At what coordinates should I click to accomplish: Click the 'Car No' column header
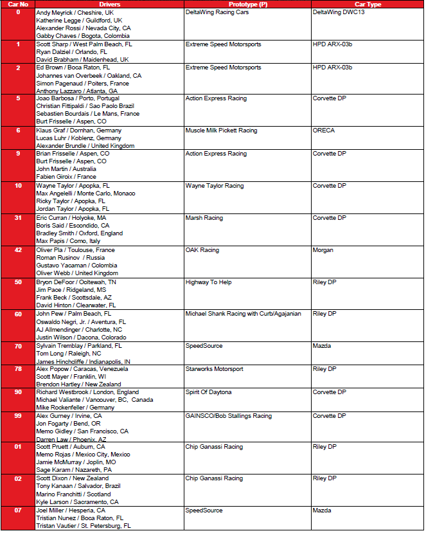(18, 4)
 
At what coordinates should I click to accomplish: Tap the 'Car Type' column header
(368, 4)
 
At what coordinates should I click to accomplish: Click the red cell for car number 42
(18, 262)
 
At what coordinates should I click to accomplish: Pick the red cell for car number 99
(18, 428)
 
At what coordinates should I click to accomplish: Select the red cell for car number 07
(18, 518)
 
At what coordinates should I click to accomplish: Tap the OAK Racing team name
(202, 250)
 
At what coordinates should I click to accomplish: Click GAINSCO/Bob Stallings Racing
(228, 416)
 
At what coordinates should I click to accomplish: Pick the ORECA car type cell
(324, 131)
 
